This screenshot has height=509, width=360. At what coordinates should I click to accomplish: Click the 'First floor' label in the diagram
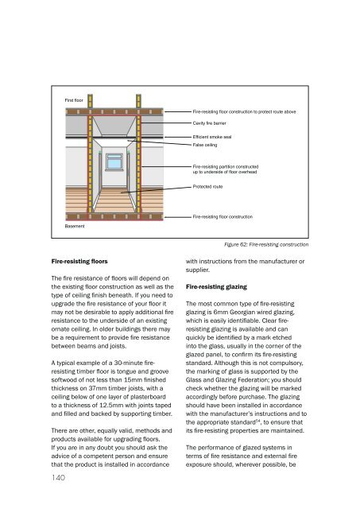point(74,100)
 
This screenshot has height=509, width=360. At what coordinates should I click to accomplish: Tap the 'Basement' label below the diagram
point(75,226)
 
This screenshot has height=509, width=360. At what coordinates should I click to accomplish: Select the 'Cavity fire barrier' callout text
point(209,123)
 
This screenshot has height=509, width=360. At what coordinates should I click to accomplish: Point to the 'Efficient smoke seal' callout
point(211,137)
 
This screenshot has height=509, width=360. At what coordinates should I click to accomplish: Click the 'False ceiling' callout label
point(205,145)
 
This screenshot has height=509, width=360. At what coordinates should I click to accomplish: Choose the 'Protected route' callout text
point(207,187)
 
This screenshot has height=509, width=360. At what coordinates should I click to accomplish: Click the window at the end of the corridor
point(114,161)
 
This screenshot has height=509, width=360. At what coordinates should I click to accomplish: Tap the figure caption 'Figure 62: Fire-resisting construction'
point(266,244)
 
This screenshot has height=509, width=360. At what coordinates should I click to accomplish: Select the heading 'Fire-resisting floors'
point(79,262)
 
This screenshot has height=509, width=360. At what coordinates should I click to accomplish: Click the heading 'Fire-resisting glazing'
point(216,287)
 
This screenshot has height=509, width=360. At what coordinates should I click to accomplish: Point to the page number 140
point(58,477)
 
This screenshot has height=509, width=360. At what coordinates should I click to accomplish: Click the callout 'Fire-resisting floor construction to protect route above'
point(244,111)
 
